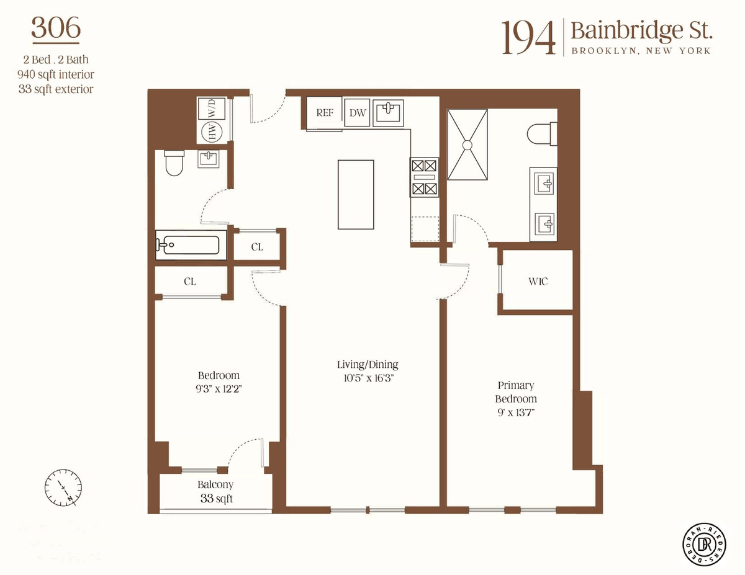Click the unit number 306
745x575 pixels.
pyautogui.click(x=56, y=28)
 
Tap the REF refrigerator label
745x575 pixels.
pyautogui.click(x=324, y=112)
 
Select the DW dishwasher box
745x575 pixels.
pyautogui.click(x=357, y=113)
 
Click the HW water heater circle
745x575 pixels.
pyautogui.click(x=212, y=132)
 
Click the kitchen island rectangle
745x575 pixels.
pyautogui.click(x=356, y=195)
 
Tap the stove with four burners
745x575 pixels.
pyautogui.click(x=424, y=177)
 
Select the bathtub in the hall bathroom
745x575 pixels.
pyautogui.click(x=191, y=245)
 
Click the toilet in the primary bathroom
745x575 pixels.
pyautogui.click(x=542, y=133)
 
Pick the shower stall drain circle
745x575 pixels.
pyautogui.click(x=467, y=145)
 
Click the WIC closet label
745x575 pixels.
pyautogui.click(x=538, y=282)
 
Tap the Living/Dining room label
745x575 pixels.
pyautogui.click(x=368, y=364)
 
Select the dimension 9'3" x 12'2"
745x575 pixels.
pyautogui.click(x=219, y=389)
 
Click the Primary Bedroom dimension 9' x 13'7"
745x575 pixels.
pyautogui.click(x=517, y=412)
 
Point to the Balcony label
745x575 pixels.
pyautogui.click(x=215, y=484)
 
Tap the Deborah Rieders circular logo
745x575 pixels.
pyautogui.click(x=704, y=544)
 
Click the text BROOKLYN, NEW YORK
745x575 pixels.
pyautogui.click(x=641, y=51)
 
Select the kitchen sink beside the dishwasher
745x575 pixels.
pyautogui.click(x=388, y=113)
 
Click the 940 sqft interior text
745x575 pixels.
pyautogui.click(x=56, y=74)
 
